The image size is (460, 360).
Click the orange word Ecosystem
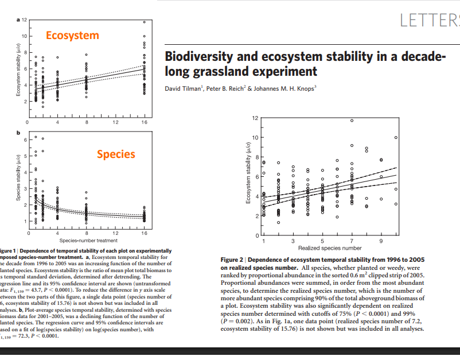[x=72, y=36]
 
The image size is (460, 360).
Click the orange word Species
[x=116, y=154]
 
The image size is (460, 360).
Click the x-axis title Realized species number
[x=330, y=248]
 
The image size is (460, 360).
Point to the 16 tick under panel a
[x=144, y=123]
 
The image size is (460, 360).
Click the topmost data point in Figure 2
[x=352, y=120]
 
